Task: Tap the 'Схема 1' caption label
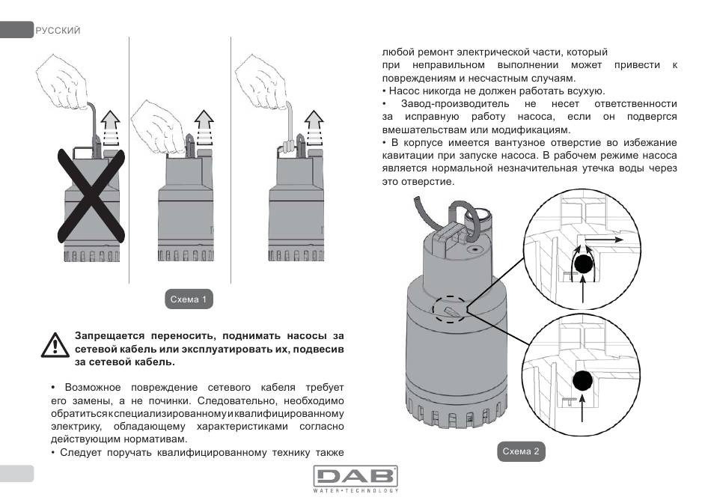(x=188, y=300)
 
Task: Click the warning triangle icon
(x=54, y=343)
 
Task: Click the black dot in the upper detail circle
(x=584, y=262)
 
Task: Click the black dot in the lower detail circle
(x=585, y=380)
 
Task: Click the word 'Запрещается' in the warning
(x=109, y=335)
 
